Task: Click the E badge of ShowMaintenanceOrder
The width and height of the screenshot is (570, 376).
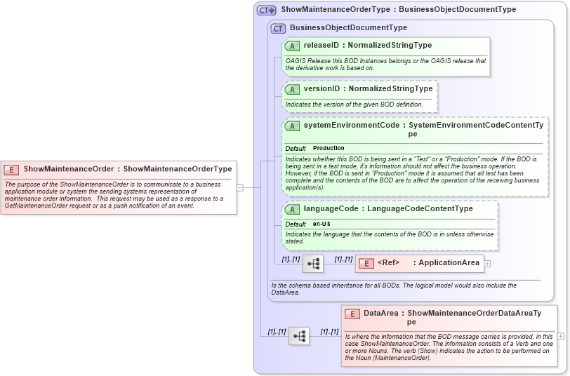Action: [11, 169]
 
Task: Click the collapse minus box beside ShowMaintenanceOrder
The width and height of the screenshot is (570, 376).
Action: [239, 187]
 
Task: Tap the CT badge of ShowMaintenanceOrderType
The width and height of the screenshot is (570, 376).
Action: [266, 10]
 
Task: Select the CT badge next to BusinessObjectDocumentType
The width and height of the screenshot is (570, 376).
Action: [278, 28]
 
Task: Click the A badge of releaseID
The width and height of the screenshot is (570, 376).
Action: [293, 46]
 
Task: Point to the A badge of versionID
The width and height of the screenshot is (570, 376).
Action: [293, 90]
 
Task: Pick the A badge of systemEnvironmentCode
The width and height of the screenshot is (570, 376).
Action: [293, 126]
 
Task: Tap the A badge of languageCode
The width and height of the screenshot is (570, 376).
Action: [293, 209]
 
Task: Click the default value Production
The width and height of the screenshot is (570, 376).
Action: [329, 149]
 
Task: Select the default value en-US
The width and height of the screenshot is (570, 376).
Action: [322, 224]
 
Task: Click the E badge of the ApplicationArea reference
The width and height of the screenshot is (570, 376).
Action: [366, 263]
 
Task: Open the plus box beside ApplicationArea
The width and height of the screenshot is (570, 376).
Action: [487, 264]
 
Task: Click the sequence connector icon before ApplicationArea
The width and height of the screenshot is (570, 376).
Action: [313, 264]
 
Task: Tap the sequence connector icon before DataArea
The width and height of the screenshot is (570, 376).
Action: [299, 336]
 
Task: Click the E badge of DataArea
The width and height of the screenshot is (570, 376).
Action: [352, 314]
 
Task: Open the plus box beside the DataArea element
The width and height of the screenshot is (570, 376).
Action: [561, 336]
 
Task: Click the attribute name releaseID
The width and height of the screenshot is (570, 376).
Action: [322, 45]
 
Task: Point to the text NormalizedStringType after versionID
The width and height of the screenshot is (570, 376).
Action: [391, 89]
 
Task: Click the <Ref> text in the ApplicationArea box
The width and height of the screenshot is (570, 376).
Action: [388, 263]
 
